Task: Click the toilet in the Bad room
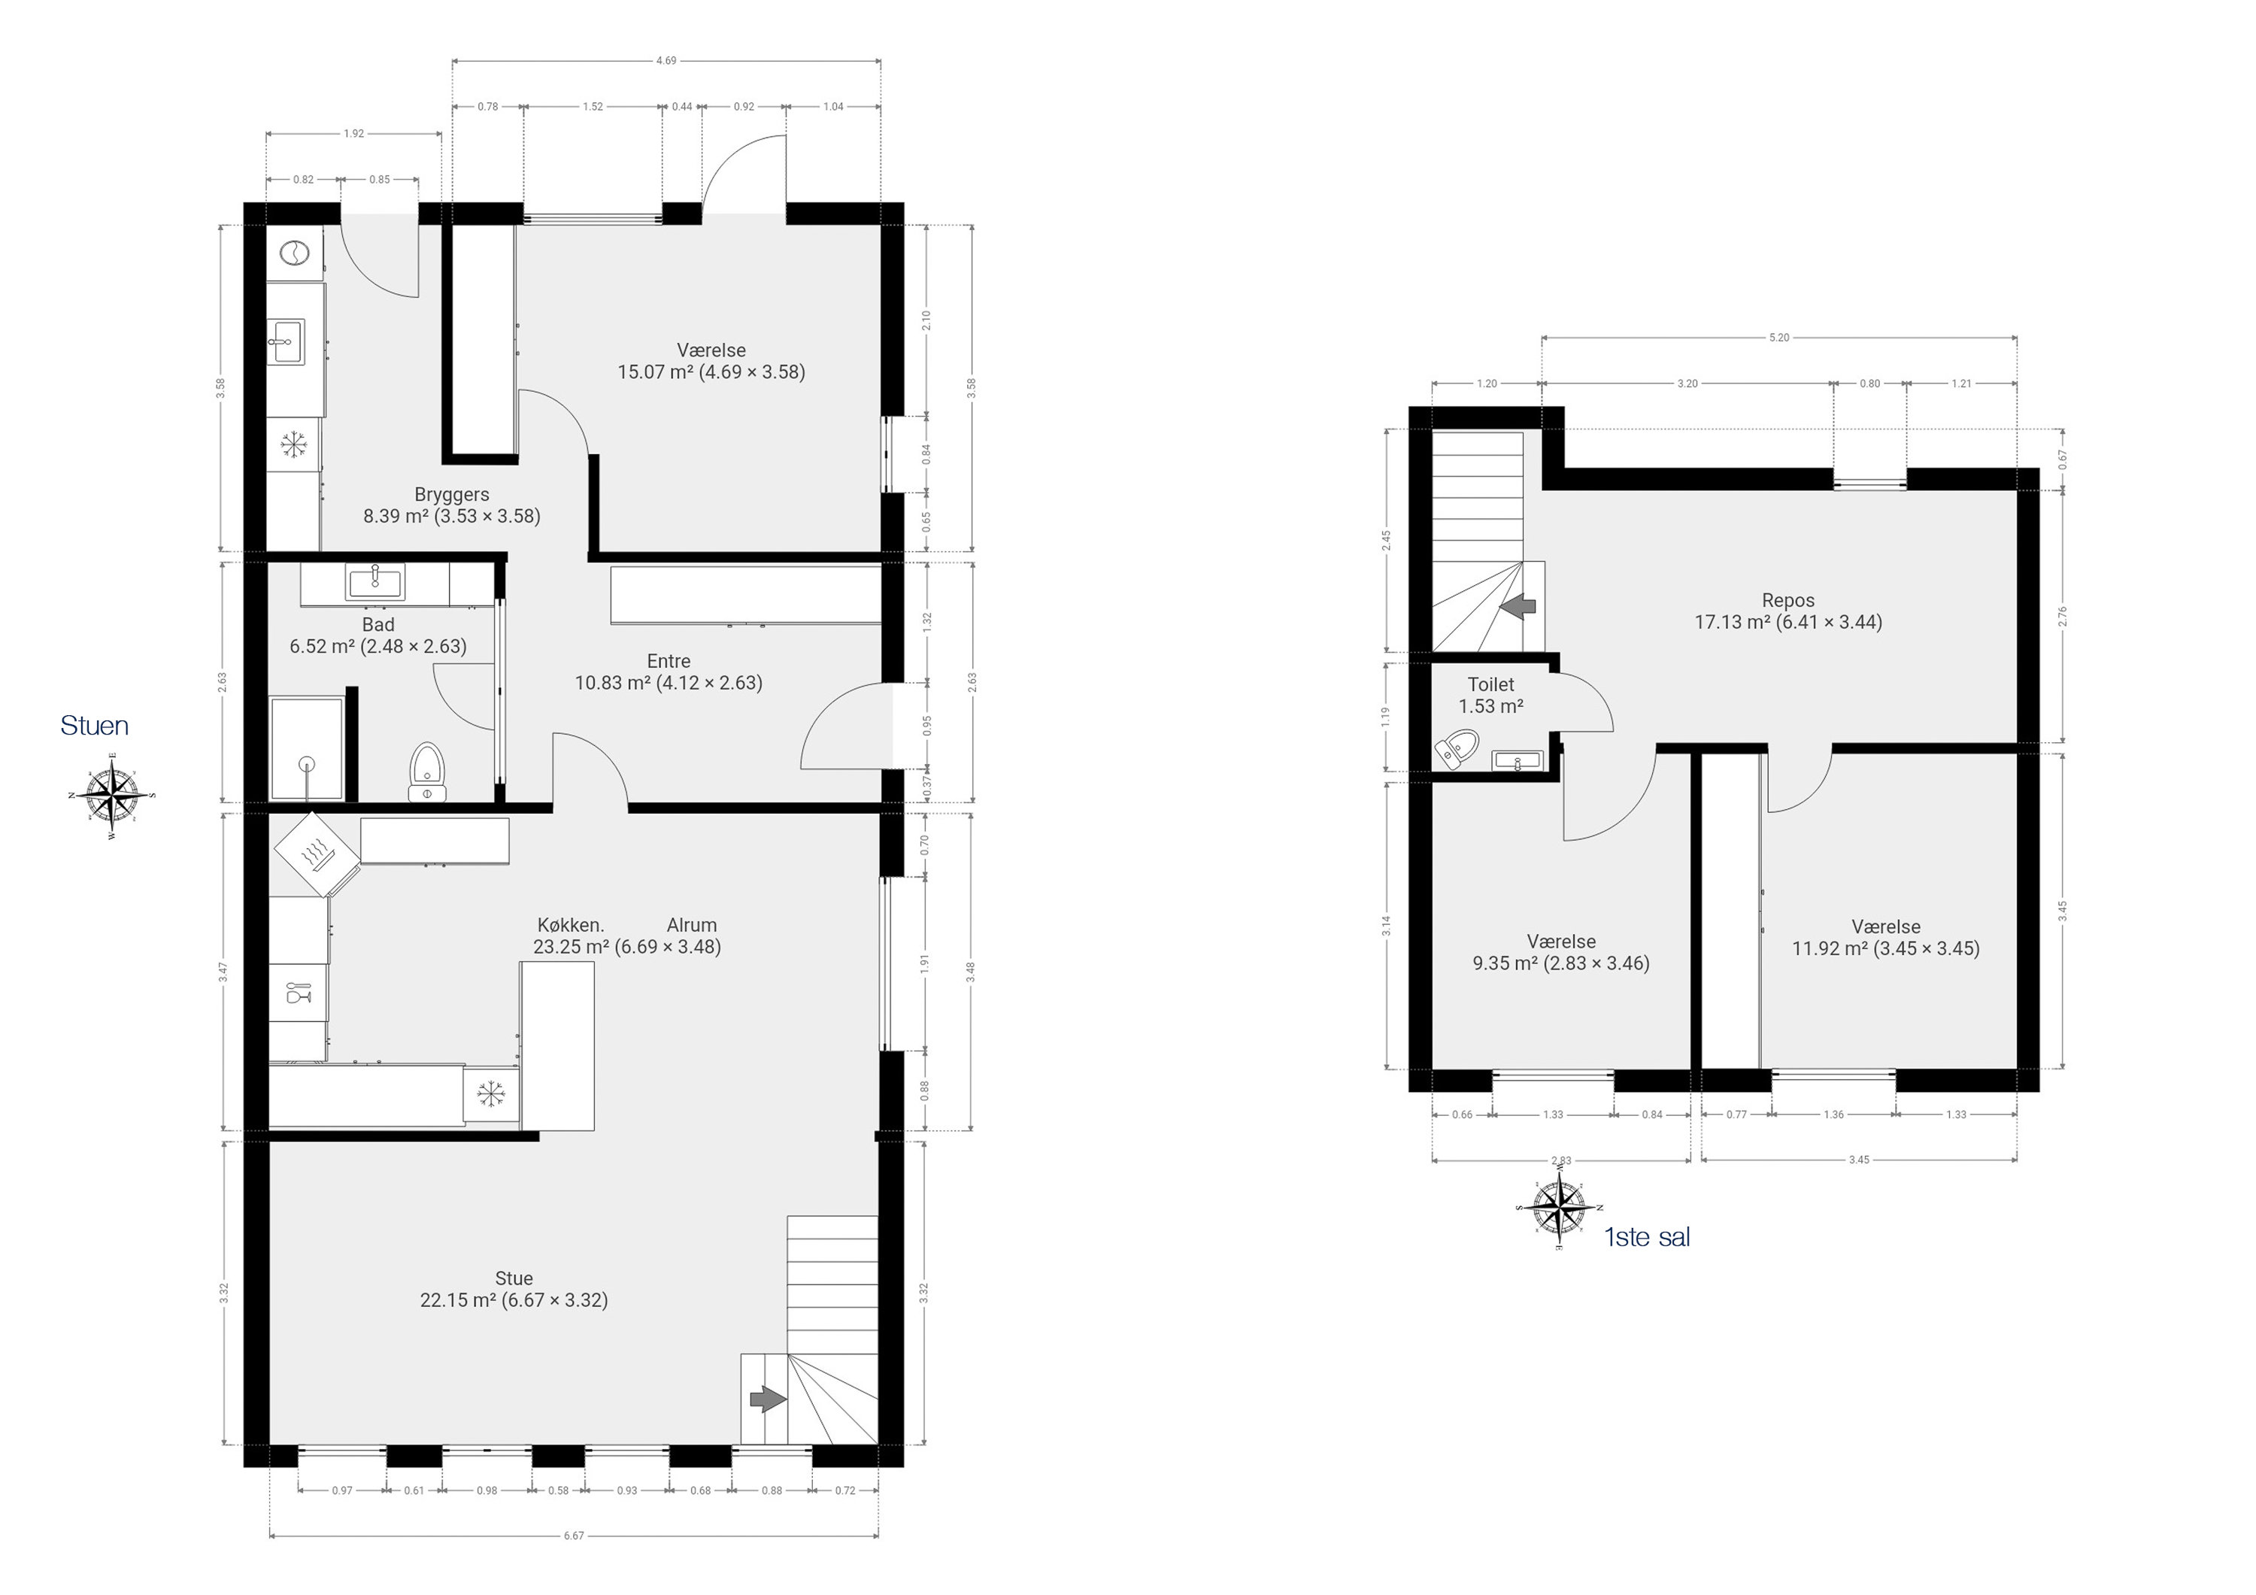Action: point(426,772)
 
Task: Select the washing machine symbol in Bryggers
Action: point(294,253)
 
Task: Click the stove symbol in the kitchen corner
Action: point(315,854)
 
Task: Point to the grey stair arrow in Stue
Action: point(767,1399)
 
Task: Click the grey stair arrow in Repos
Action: point(1519,606)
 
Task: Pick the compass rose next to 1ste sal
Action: point(1560,1207)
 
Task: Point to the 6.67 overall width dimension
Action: point(574,1535)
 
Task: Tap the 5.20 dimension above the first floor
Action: point(1778,337)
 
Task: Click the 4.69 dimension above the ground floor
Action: point(666,60)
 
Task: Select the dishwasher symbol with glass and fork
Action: point(298,993)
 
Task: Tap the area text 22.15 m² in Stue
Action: point(458,1300)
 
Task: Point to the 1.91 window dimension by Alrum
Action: point(925,964)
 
